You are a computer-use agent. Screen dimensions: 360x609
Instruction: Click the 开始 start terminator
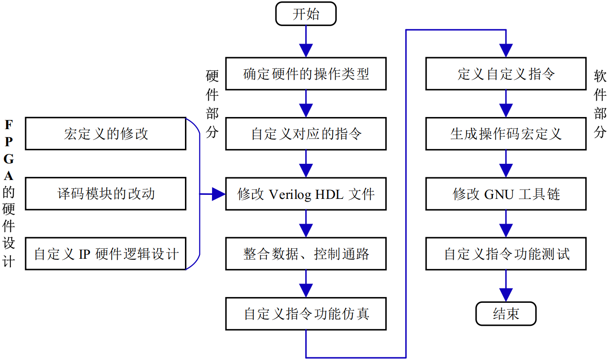pos(306,14)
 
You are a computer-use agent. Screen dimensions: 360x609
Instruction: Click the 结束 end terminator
pos(506,314)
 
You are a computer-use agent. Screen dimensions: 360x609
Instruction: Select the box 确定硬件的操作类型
pos(306,74)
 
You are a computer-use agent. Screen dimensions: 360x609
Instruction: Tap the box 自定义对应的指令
pos(306,134)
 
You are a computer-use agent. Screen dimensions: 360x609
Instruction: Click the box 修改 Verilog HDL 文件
pos(306,194)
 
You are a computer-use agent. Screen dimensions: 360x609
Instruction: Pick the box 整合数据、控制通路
pos(306,254)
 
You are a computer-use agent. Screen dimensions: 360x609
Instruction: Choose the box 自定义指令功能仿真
pos(306,314)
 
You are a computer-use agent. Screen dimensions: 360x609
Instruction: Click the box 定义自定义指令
pos(506,74)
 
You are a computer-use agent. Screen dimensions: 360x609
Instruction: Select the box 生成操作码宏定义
pos(506,134)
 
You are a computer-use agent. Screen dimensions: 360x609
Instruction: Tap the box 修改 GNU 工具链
pos(506,194)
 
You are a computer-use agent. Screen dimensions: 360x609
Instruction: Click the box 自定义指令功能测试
pos(506,254)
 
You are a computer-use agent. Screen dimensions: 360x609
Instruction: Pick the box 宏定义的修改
pos(106,134)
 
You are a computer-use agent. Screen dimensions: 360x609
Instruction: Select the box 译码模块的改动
pos(106,194)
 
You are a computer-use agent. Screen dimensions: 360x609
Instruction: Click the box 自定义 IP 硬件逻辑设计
pos(106,254)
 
